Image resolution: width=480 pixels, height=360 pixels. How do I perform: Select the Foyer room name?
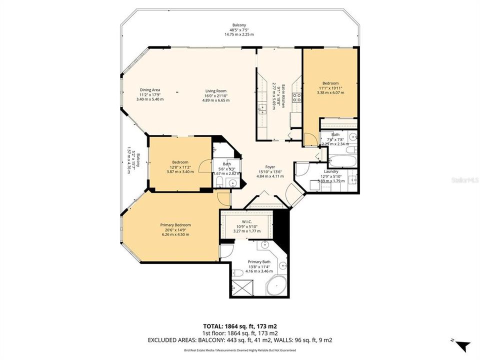(269, 167)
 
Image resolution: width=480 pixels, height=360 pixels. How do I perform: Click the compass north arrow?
(463, 345)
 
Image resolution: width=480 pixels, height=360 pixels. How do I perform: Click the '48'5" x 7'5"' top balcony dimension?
(238, 30)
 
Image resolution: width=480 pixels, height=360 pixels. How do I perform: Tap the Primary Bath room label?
(260, 261)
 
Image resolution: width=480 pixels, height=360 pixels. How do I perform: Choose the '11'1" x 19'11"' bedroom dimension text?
(330, 88)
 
